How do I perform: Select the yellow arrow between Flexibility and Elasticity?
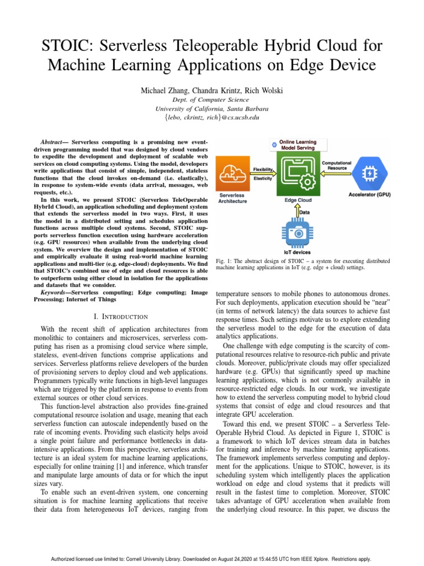[x=265, y=174]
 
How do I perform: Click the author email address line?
[x=212, y=117]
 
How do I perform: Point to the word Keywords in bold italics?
[x=56, y=292]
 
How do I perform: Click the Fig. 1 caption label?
[x=225, y=261]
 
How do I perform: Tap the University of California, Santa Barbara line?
[x=212, y=108]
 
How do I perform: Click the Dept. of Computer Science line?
[x=212, y=99]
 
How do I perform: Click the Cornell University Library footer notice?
[x=212, y=559]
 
